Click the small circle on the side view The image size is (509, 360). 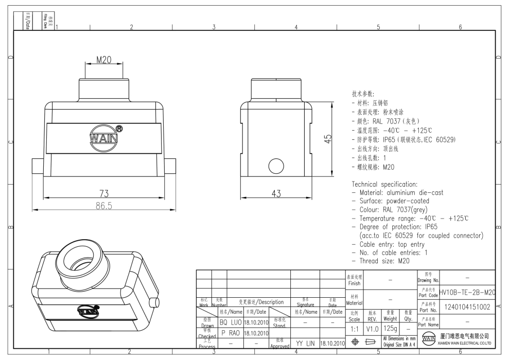(277, 166)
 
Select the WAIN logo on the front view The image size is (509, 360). (104, 138)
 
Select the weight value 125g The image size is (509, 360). (391, 327)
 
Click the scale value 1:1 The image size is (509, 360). (355, 327)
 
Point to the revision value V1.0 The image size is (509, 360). (373, 327)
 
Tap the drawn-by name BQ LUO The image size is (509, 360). (230, 322)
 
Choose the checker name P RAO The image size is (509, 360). (230, 333)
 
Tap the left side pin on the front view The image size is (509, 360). (38, 167)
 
